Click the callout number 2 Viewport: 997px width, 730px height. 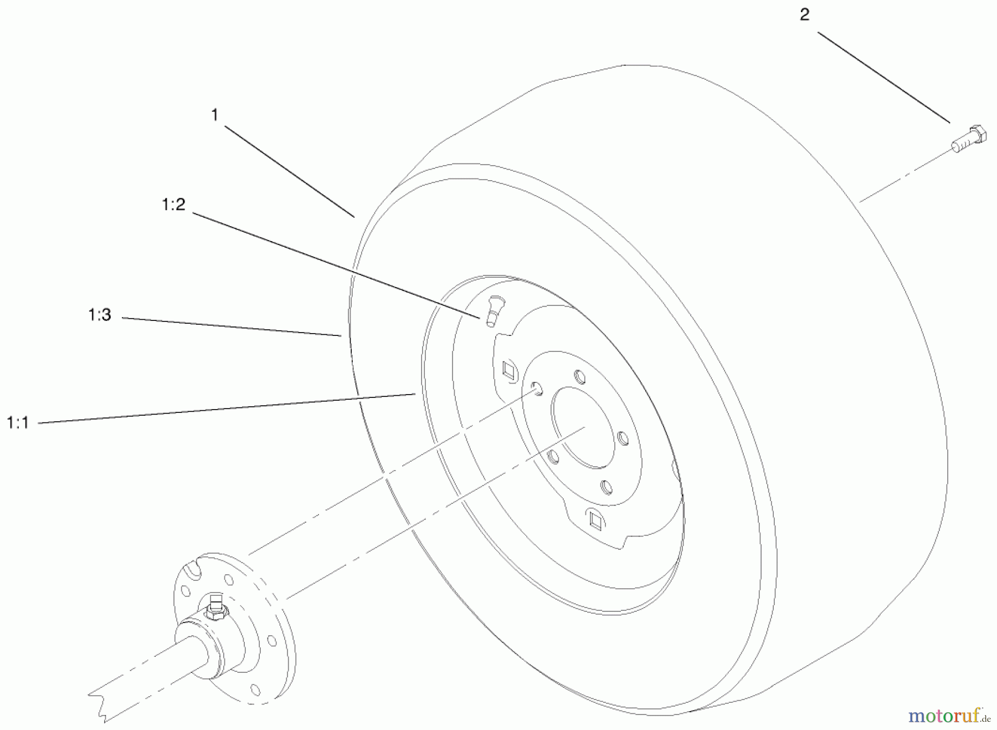tap(804, 15)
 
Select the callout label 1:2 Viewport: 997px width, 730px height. tap(173, 205)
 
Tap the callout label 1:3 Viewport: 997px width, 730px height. tap(100, 315)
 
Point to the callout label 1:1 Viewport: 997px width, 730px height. tap(18, 423)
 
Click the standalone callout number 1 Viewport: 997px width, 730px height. tap(214, 115)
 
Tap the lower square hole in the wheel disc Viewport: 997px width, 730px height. tap(595, 518)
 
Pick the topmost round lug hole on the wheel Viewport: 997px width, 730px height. tap(579, 377)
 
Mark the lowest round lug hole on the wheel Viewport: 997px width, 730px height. tap(607, 488)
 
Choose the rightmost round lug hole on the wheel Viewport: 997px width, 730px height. tap(623, 438)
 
